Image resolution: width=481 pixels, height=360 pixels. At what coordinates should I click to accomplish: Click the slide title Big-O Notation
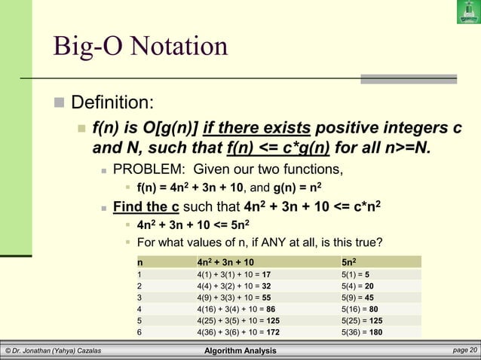click(139, 46)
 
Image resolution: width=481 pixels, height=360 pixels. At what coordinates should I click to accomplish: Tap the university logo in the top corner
click(467, 12)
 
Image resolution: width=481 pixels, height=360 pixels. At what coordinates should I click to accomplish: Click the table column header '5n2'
click(350, 261)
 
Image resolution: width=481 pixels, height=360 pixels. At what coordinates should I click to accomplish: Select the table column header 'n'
click(139, 261)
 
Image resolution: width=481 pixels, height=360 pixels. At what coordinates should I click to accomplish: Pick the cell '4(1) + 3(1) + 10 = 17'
click(228, 275)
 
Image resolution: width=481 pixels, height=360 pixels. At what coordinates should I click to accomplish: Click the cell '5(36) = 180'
click(362, 331)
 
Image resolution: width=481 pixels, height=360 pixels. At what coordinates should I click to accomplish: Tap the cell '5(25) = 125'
click(362, 319)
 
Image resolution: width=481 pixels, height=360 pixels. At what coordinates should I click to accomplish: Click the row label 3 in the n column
click(139, 297)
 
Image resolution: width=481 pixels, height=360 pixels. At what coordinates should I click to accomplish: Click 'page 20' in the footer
click(461, 350)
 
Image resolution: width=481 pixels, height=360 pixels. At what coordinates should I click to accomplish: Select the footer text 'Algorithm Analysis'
click(240, 351)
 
